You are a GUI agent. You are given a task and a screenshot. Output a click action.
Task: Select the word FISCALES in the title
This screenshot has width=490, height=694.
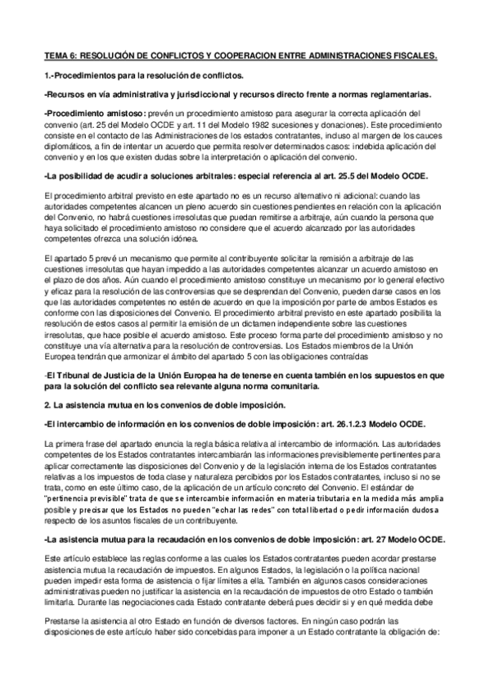tap(414, 56)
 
